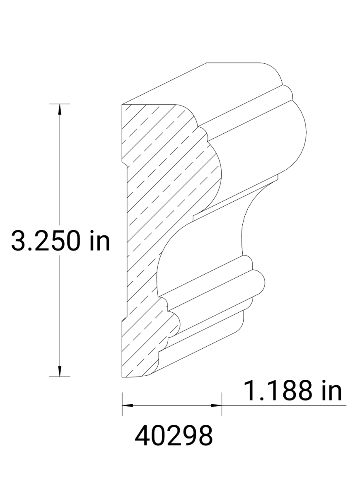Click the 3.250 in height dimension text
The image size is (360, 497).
60,241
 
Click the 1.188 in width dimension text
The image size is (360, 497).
293,390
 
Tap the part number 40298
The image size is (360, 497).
174,435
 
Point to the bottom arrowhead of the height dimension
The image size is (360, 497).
60,372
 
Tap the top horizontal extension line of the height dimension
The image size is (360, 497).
60,104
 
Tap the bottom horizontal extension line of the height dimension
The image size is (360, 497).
60,376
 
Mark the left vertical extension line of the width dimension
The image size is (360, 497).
122,404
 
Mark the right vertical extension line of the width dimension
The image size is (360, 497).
222,404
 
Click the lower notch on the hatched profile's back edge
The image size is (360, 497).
124,319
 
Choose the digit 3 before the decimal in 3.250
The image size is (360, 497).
18,241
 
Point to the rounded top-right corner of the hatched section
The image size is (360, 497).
188,109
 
